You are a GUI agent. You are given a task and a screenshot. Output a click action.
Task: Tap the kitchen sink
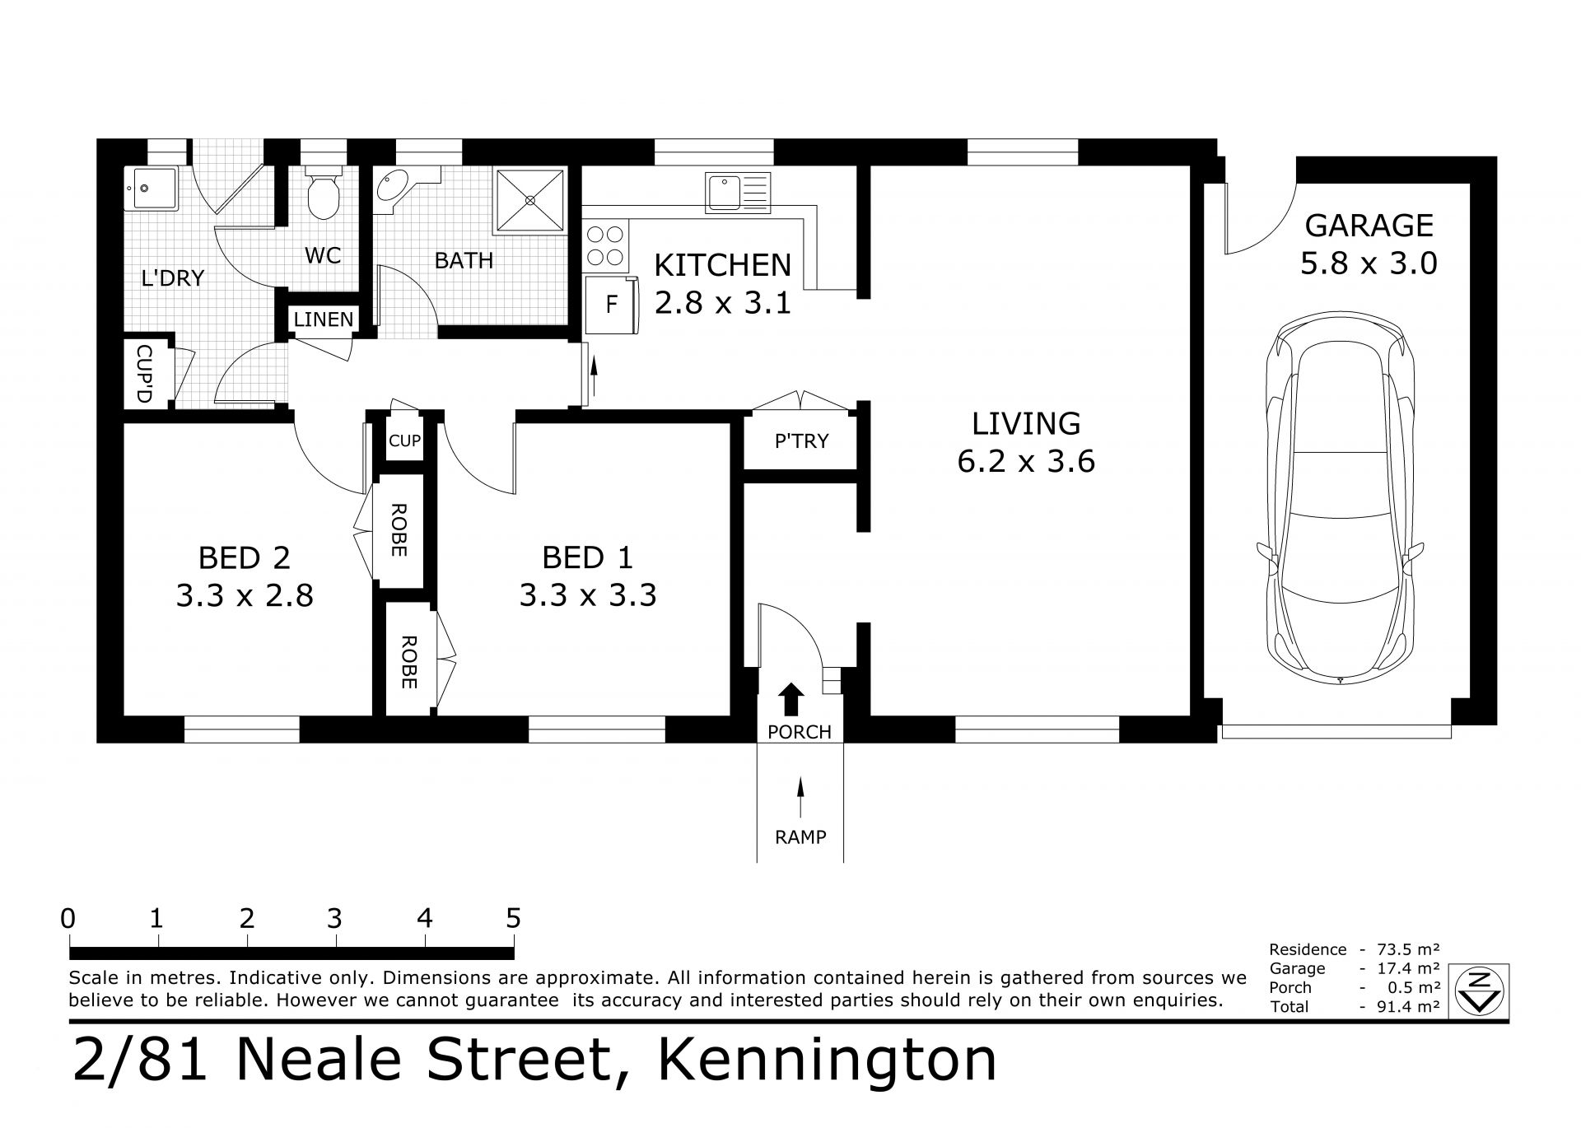[x=737, y=193]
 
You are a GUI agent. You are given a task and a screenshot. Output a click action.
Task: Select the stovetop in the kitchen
[x=605, y=246]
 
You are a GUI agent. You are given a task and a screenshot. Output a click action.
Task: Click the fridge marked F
[x=612, y=305]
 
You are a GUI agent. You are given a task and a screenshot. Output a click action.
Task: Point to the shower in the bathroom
[x=529, y=202]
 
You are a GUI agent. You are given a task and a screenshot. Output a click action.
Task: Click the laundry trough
[x=150, y=189]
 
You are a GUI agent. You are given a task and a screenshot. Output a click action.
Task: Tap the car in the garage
[x=1341, y=498]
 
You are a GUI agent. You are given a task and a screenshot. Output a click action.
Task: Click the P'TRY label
[x=801, y=441]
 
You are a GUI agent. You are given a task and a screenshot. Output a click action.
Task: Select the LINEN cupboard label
[x=324, y=319]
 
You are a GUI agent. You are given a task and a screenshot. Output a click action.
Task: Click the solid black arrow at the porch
[x=792, y=699]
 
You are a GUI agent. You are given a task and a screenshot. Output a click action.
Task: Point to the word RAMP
[x=800, y=837]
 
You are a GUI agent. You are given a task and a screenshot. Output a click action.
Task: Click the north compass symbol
[x=1480, y=990]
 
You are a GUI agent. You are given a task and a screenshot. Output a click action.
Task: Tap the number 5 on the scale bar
[x=514, y=918]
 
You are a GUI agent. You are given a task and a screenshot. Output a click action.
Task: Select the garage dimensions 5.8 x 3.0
[x=1369, y=263]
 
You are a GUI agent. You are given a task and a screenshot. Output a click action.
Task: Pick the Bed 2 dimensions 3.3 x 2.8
[x=245, y=594]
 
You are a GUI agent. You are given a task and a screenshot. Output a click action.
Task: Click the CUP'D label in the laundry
[x=144, y=374]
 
